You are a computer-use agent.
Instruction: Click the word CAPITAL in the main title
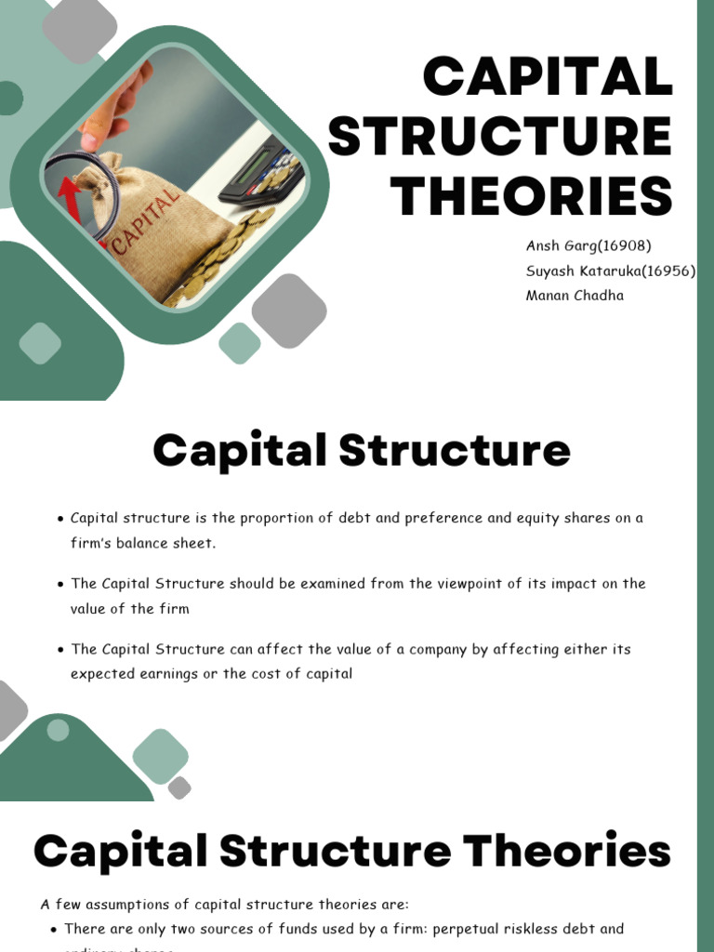(x=548, y=77)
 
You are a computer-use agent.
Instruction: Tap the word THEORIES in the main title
(x=531, y=196)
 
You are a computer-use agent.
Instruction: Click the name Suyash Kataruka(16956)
(x=611, y=271)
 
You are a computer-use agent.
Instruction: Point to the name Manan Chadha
(x=575, y=296)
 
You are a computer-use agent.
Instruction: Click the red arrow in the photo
(x=70, y=198)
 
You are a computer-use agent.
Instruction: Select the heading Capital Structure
(x=362, y=451)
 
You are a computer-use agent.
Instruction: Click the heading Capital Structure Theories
(x=352, y=852)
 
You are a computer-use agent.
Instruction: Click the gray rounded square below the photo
(x=289, y=310)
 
